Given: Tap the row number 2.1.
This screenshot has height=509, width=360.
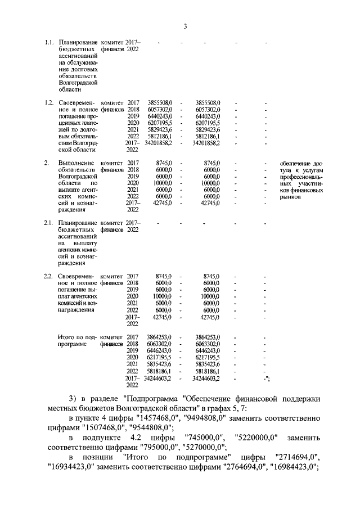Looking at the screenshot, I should [x=49, y=223].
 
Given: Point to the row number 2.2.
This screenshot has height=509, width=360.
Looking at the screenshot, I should [x=49, y=276].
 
